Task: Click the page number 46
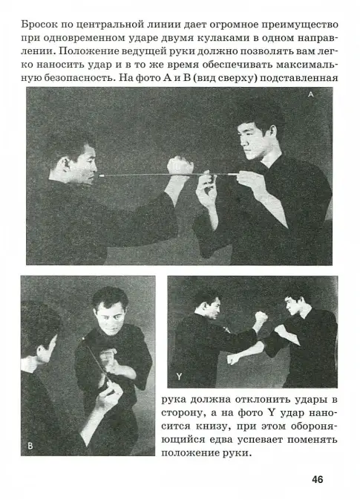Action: [317, 479]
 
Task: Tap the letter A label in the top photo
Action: [310, 94]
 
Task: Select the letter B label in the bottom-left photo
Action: [30, 446]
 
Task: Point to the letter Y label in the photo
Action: [179, 377]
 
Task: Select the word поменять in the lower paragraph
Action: [312, 440]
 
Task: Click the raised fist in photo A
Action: [180, 165]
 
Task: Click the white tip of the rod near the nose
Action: [102, 175]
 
